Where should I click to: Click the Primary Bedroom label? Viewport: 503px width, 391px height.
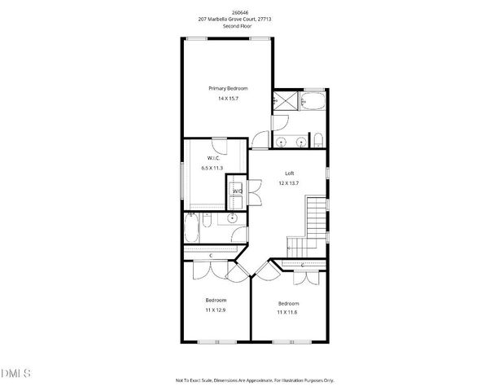tap(228, 88)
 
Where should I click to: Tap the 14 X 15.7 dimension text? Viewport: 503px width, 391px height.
tap(228, 99)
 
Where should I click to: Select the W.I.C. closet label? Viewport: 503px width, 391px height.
tap(212, 157)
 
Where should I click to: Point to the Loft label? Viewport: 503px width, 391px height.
tap(289, 173)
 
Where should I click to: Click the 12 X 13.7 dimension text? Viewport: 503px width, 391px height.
tap(289, 183)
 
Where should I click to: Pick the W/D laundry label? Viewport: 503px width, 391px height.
tap(238, 191)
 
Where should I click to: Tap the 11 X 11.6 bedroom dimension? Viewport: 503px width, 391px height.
tap(289, 313)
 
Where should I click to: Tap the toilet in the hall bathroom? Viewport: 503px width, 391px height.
tap(236, 235)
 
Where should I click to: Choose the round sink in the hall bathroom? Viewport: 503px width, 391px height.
tap(232, 218)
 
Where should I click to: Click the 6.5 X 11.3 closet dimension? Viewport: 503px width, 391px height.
tap(212, 168)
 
